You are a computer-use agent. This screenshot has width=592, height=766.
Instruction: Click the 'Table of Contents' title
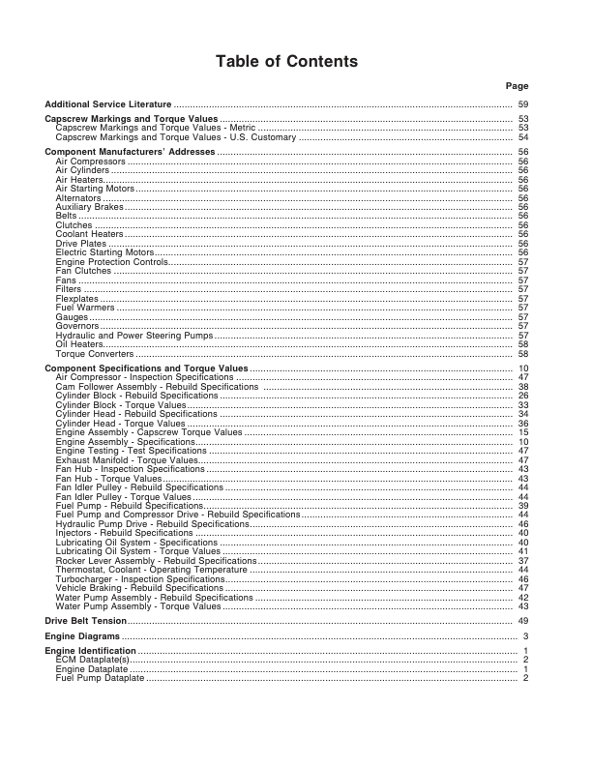click(x=286, y=62)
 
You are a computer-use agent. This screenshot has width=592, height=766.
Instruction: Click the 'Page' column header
click(x=518, y=86)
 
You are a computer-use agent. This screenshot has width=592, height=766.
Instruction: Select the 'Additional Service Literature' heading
click(x=108, y=103)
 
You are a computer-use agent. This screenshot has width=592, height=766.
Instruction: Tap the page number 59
click(x=522, y=103)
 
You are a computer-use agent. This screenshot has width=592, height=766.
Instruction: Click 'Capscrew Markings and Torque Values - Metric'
click(x=156, y=128)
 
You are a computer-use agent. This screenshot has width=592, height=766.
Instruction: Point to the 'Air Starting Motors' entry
click(x=95, y=189)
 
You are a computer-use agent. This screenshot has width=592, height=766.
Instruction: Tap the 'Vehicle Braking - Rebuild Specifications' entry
click(x=140, y=588)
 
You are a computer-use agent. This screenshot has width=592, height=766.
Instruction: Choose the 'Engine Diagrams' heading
click(x=82, y=636)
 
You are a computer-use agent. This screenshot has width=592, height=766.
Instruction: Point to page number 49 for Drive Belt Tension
click(x=522, y=620)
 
